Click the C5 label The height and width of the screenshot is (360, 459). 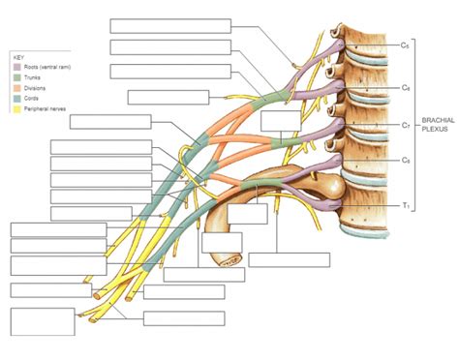406,45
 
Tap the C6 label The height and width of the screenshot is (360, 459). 406,87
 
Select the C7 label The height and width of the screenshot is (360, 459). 406,124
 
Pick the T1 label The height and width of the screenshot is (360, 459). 406,206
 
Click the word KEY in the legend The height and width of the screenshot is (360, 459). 17,57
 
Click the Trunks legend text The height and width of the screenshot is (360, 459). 32,76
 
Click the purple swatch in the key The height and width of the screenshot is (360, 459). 15,67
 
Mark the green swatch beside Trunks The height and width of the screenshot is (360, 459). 15,76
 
